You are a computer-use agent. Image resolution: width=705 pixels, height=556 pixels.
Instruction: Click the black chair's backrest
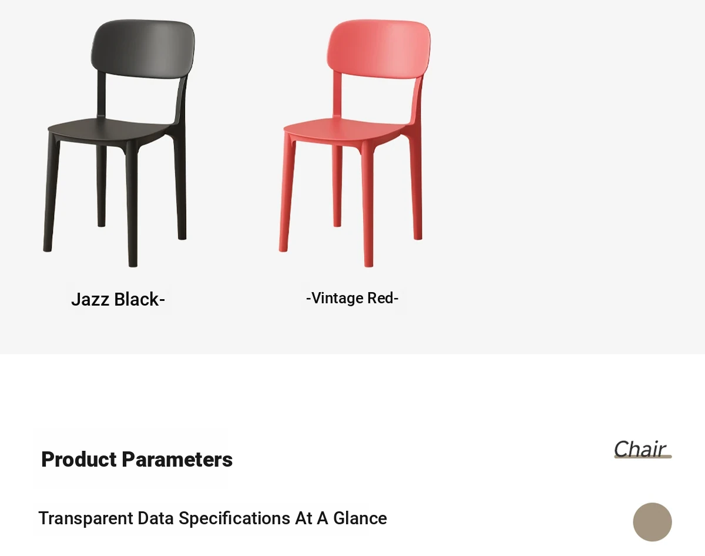tap(143, 49)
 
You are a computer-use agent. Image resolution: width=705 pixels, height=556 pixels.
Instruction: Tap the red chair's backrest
tap(379, 49)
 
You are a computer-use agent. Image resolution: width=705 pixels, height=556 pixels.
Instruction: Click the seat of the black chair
tap(110, 129)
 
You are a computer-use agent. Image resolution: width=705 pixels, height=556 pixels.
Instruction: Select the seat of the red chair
tap(346, 129)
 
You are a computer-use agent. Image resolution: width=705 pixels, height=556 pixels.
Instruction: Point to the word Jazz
tap(90, 300)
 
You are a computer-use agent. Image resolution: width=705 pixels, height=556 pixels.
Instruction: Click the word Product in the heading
tap(79, 459)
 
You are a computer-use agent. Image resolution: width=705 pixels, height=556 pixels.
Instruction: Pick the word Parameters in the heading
tap(177, 459)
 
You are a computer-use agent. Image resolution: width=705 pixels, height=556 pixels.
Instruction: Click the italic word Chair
tap(640, 449)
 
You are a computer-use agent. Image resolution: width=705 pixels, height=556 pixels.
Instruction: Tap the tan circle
tap(652, 522)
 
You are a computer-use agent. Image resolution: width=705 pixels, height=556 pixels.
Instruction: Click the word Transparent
tap(86, 518)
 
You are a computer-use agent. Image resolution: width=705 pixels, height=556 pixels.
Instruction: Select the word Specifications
tap(234, 518)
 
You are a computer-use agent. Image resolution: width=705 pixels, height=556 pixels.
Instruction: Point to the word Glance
tap(360, 518)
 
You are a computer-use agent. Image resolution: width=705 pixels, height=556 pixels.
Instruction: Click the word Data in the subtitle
tap(156, 518)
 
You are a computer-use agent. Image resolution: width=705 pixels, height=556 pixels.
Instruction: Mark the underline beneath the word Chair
tap(643, 457)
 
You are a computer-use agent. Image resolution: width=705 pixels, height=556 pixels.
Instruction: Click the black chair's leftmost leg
tap(52, 193)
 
